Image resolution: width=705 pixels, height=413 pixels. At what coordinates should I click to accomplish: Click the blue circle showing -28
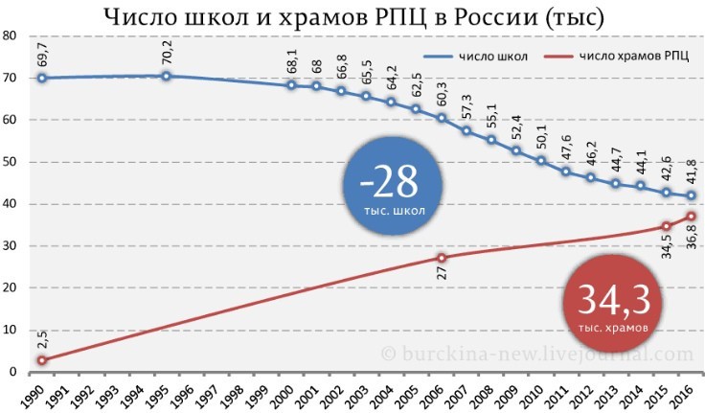393,186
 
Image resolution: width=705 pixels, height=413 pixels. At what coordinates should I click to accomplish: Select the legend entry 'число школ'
476,57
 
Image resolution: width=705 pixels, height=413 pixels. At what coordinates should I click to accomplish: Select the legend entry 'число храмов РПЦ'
616,57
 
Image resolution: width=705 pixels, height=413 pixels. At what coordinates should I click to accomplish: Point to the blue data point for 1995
166,76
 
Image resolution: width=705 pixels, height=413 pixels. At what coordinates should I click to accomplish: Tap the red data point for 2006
442,258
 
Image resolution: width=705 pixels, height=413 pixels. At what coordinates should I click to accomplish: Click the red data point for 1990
42,360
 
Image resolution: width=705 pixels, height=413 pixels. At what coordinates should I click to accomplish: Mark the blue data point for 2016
691,195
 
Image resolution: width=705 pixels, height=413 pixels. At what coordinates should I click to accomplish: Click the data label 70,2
167,53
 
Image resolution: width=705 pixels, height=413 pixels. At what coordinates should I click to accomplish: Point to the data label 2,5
42,339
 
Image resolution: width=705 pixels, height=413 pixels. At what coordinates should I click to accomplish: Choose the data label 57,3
466,107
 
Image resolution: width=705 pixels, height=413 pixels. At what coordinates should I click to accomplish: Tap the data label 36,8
692,236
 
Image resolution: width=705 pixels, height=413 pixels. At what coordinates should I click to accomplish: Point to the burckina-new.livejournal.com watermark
536,354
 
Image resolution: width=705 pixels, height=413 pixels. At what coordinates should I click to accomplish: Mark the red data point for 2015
667,226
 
